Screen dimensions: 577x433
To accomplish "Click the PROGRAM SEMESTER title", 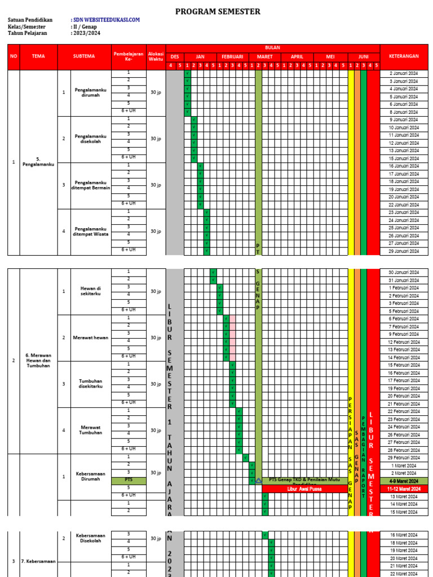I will point(218,11).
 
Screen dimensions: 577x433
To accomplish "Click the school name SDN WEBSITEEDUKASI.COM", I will point(107,20).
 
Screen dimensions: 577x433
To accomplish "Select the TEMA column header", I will point(38,56).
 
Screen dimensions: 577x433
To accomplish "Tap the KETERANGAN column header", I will point(404,56).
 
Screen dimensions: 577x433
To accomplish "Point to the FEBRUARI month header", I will point(232,57).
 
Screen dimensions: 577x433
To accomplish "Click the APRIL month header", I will point(297,57).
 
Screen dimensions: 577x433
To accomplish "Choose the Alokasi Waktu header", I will point(156,56).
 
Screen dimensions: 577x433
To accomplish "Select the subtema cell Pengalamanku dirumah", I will point(91,92).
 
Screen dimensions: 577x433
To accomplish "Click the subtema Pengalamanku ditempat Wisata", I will point(91,232).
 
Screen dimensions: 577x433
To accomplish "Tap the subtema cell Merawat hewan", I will point(91,338).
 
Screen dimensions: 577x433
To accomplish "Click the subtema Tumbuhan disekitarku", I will point(91,384).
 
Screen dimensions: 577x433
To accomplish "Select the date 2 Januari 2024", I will point(404,73).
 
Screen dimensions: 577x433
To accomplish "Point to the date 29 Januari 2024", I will point(404,251).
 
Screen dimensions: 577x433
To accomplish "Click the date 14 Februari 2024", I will point(404,357).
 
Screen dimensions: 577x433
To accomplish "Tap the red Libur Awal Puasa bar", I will point(304,489).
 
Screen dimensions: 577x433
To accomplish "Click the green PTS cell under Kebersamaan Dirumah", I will point(129,480).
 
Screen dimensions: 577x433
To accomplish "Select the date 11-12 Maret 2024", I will point(404,489).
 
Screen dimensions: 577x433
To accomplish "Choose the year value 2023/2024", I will point(86,33).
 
